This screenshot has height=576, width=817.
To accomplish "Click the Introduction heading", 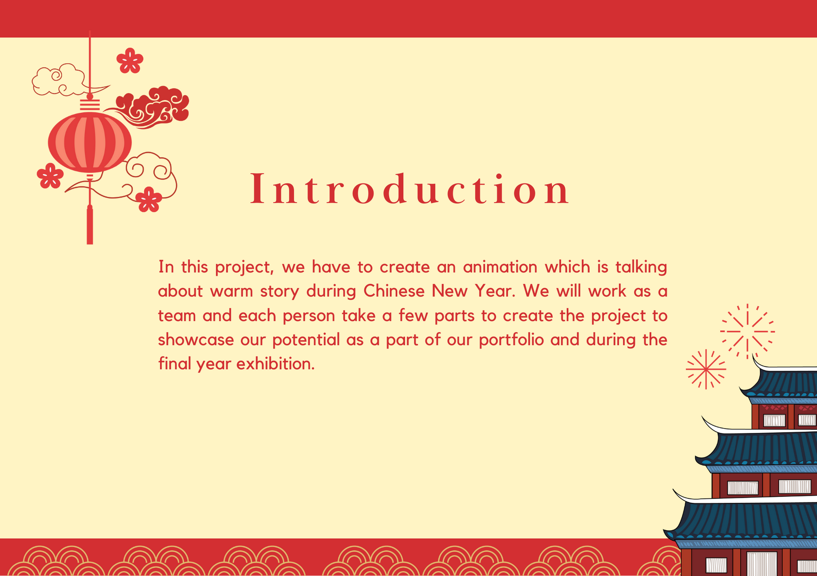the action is pos(410,189).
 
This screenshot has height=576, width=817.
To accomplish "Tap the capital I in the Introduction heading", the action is pos(257,189).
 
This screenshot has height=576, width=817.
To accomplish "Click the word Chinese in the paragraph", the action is pos(394,291).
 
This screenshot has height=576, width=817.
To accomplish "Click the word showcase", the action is pos(196,340).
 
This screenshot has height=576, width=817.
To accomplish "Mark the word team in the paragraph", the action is pos(177,316).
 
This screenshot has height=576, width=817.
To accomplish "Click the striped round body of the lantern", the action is pos(90,142).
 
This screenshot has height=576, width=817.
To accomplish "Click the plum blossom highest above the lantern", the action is pos(130,61).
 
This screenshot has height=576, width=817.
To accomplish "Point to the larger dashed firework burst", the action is pos(748,331).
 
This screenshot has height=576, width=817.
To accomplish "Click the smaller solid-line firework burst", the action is pos(706,369).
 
